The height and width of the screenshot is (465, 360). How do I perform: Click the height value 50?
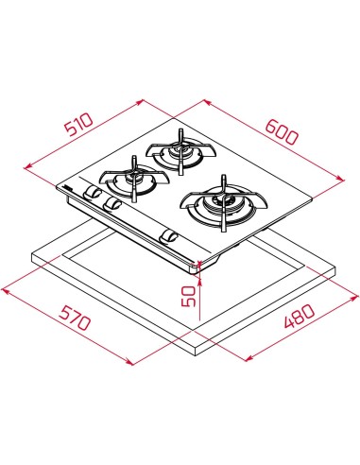tap(190, 295)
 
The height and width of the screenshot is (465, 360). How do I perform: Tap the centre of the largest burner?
tap(223, 202)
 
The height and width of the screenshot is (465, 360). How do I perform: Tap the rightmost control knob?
tap(170, 235)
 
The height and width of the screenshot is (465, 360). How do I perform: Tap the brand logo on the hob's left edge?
tap(69, 189)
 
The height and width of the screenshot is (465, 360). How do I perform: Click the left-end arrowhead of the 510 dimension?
tap(26, 166)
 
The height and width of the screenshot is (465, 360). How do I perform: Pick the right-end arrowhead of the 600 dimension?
tap(340, 181)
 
